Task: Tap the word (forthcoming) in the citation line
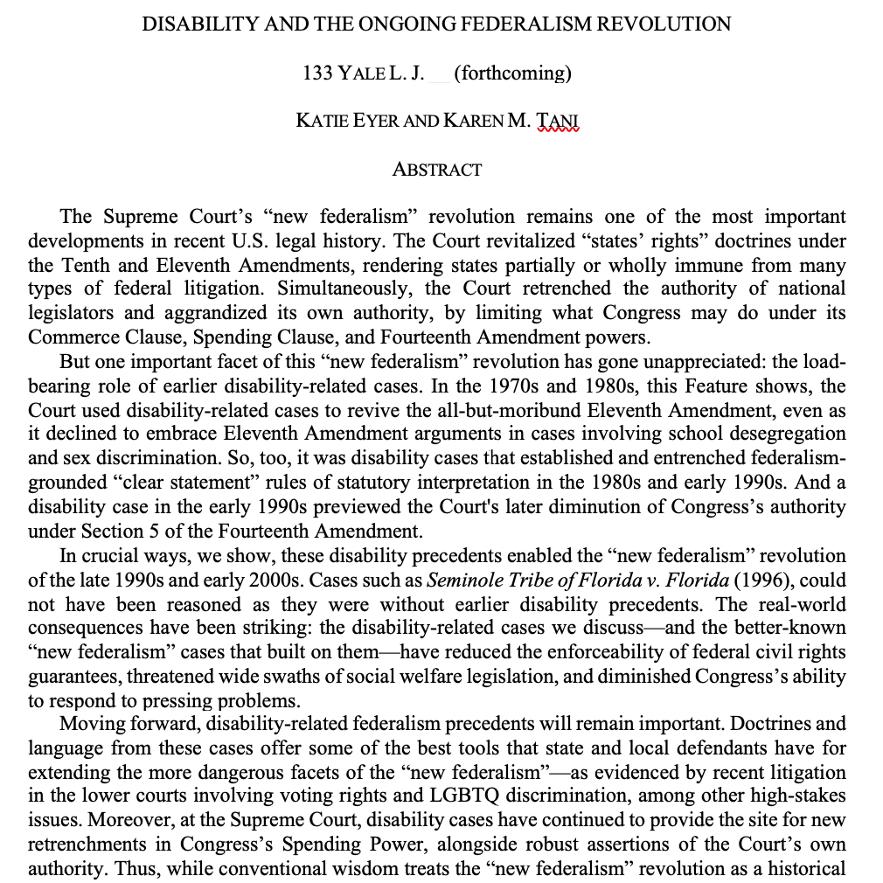pos(513,73)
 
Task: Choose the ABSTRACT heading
pos(437,170)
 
